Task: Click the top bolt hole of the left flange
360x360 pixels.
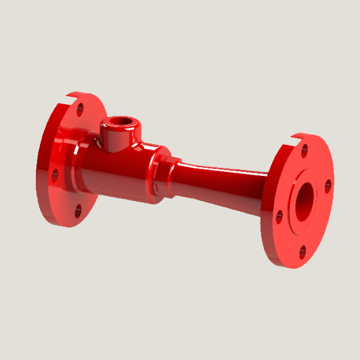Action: (x=80, y=108)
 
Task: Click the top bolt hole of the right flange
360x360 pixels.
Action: (x=305, y=150)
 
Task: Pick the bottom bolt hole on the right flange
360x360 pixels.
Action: (x=302, y=251)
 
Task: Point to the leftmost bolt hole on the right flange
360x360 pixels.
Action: (x=278, y=217)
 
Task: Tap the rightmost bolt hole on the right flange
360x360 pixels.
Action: (x=328, y=184)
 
